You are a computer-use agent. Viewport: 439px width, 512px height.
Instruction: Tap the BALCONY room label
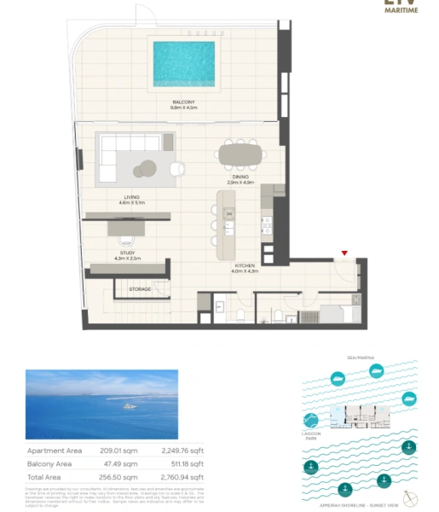pyautogui.click(x=183, y=105)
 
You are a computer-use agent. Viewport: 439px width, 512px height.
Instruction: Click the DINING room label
pyautogui.click(x=240, y=179)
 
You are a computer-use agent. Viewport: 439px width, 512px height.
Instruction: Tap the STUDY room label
pyautogui.click(x=127, y=254)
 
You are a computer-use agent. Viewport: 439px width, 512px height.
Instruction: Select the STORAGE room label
pyautogui.click(x=140, y=289)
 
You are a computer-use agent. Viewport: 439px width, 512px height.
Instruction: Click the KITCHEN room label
pyautogui.click(x=245, y=269)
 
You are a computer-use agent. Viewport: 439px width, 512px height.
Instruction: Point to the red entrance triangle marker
pyautogui.click(x=344, y=253)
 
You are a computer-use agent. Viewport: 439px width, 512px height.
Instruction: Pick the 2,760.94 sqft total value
pyautogui.click(x=182, y=477)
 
